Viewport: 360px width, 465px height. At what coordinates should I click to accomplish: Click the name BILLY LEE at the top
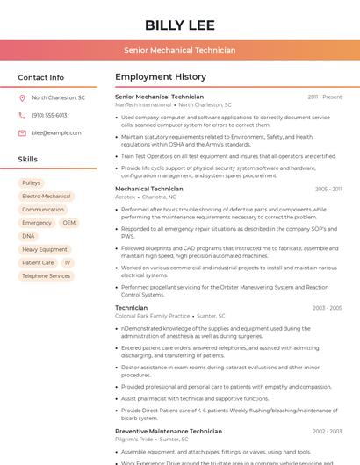179,24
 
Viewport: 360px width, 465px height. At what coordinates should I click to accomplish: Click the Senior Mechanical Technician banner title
179,50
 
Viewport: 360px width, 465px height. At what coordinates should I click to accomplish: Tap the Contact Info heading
40,77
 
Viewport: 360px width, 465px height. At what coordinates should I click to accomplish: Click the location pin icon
22,98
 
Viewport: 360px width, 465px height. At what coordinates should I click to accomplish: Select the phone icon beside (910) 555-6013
22,116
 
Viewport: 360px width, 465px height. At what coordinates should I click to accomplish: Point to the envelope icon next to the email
22,133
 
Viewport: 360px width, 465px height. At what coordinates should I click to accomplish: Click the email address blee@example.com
56,133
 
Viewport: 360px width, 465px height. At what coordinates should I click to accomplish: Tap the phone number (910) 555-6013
49,116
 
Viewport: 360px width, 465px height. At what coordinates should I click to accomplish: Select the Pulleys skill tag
31,182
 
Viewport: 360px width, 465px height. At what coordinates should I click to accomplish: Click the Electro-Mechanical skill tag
46,197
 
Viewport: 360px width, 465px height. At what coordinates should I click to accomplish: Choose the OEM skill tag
68,223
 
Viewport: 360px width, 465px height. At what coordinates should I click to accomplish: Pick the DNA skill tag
28,236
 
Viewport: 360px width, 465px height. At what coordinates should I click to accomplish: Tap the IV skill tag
68,262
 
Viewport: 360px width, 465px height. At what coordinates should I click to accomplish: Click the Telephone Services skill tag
46,275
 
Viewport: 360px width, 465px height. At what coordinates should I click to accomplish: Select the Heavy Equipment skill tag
44,249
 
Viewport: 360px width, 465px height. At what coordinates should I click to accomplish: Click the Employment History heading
160,77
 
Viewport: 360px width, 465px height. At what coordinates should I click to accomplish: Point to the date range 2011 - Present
325,97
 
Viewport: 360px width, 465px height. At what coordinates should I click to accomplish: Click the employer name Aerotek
125,197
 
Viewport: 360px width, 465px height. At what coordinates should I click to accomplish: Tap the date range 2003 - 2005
327,308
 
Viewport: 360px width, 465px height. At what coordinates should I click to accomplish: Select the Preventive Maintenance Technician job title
168,431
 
